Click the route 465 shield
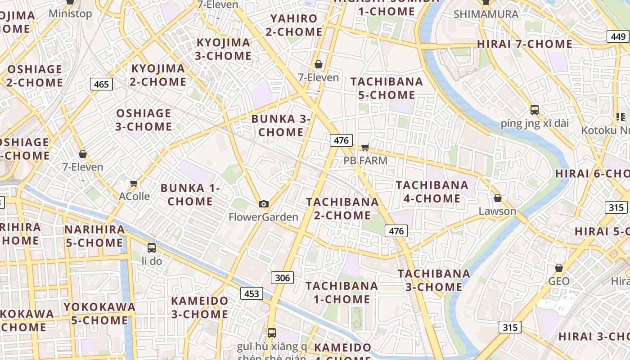click(101, 84)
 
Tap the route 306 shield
click(282, 278)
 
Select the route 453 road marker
click(251, 294)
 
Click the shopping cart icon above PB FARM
click(365, 147)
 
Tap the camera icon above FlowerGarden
click(264, 204)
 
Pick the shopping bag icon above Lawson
click(497, 198)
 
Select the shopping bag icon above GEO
click(559, 268)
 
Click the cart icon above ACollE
click(134, 183)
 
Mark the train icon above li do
click(152, 247)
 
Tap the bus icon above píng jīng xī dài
click(535, 109)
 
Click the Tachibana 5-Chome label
click(387, 88)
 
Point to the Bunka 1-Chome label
click(190, 194)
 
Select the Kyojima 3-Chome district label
click(224, 49)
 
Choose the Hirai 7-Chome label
click(524, 44)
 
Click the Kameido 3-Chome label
click(199, 307)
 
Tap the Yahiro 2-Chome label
click(294, 25)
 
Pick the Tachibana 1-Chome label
click(342, 292)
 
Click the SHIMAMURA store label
click(486, 14)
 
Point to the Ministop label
click(70, 13)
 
